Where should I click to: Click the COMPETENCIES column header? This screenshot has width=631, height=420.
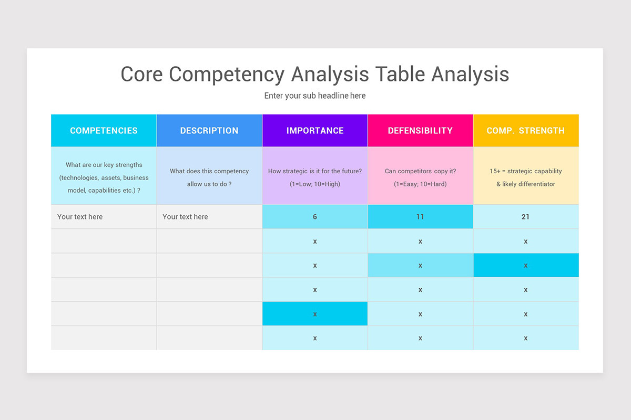[104, 131]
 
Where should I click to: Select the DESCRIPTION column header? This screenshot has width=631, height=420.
[209, 131]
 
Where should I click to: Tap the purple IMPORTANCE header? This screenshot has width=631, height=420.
[315, 131]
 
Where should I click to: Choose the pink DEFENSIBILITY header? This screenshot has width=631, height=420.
[420, 131]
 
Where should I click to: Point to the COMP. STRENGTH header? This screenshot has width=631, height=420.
[526, 131]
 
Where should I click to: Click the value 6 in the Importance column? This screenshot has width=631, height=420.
[315, 217]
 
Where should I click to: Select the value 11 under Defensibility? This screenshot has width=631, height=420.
[420, 217]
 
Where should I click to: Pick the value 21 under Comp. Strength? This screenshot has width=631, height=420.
[526, 217]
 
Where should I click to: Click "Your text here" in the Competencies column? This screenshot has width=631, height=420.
[80, 217]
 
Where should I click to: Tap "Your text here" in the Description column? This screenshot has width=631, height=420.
[185, 217]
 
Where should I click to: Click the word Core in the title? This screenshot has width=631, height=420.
[141, 75]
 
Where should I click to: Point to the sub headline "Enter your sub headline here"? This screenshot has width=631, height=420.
[315, 96]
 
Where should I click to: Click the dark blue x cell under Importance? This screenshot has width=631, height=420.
[315, 314]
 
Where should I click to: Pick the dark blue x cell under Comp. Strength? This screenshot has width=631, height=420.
[526, 266]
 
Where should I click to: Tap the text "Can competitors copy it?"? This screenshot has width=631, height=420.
[420, 171]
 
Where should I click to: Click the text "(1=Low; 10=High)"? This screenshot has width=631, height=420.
[315, 184]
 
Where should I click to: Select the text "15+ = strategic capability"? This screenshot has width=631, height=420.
[526, 171]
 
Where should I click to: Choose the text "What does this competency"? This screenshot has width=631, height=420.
[209, 171]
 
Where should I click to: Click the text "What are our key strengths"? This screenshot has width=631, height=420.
[104, 165]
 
